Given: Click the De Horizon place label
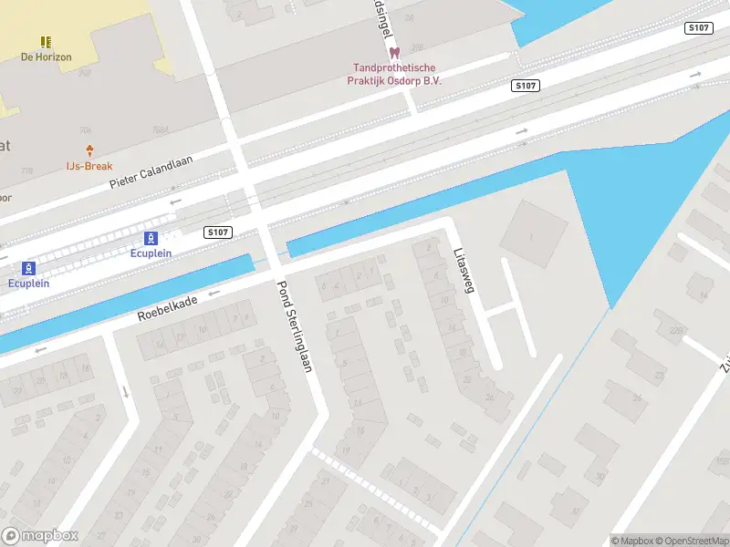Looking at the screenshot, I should tap(46, 57).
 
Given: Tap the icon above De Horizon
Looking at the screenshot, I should tap(46, 42).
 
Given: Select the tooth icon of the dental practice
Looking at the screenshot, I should tap(394, 54).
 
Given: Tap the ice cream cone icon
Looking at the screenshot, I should tap(89, 150).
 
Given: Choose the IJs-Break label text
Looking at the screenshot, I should tap(89, 166).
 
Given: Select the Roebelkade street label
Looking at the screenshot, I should tap(168, 306).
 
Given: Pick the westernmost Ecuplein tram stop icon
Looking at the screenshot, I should tap(28, 268).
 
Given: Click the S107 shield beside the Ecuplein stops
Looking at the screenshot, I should tap(217, 232).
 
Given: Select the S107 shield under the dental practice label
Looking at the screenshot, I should tap(525, 86).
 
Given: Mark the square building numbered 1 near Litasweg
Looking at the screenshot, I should tap(533, 233).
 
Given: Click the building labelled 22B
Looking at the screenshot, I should tap(676, 330).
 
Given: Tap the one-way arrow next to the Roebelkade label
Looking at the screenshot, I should tap(215, 294).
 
